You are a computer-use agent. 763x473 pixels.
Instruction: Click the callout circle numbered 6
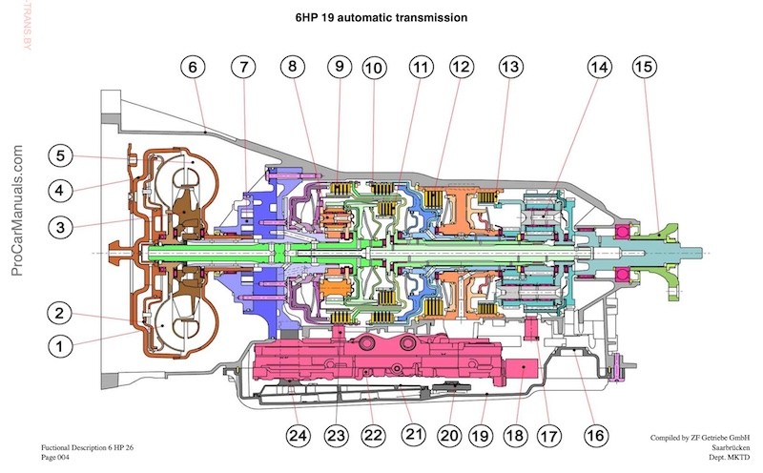194,67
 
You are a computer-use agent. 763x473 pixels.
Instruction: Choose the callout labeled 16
595,435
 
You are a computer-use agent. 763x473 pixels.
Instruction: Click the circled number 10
373,67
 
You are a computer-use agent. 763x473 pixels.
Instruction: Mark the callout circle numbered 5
59,155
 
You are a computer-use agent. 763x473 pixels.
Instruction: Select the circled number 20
451,435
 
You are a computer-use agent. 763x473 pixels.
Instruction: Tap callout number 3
59,226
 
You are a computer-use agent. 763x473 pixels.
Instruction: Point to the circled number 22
372,435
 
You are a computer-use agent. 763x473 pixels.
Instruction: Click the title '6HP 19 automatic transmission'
381,17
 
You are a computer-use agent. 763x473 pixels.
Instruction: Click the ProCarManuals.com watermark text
16,210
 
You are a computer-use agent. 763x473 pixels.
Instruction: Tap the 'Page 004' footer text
62,457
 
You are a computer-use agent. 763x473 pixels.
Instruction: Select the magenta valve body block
381,367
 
